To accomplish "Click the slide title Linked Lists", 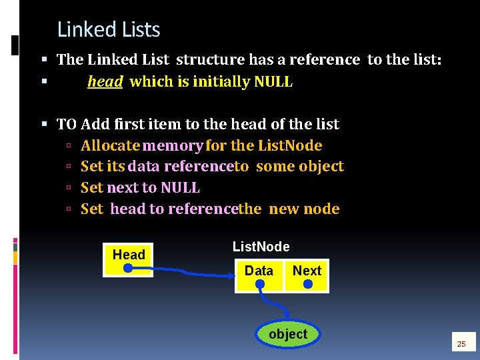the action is tap(109, 30).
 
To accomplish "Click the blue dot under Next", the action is tap(307, 285).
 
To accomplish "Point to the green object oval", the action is tap(288, 334).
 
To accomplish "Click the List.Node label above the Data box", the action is tap(261, 247).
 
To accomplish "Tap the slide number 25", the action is tap(460, 344).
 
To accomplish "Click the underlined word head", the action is tap(105, 82).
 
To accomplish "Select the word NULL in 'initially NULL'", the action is tap(273, 82).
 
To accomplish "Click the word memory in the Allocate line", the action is tap(173, 145).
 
